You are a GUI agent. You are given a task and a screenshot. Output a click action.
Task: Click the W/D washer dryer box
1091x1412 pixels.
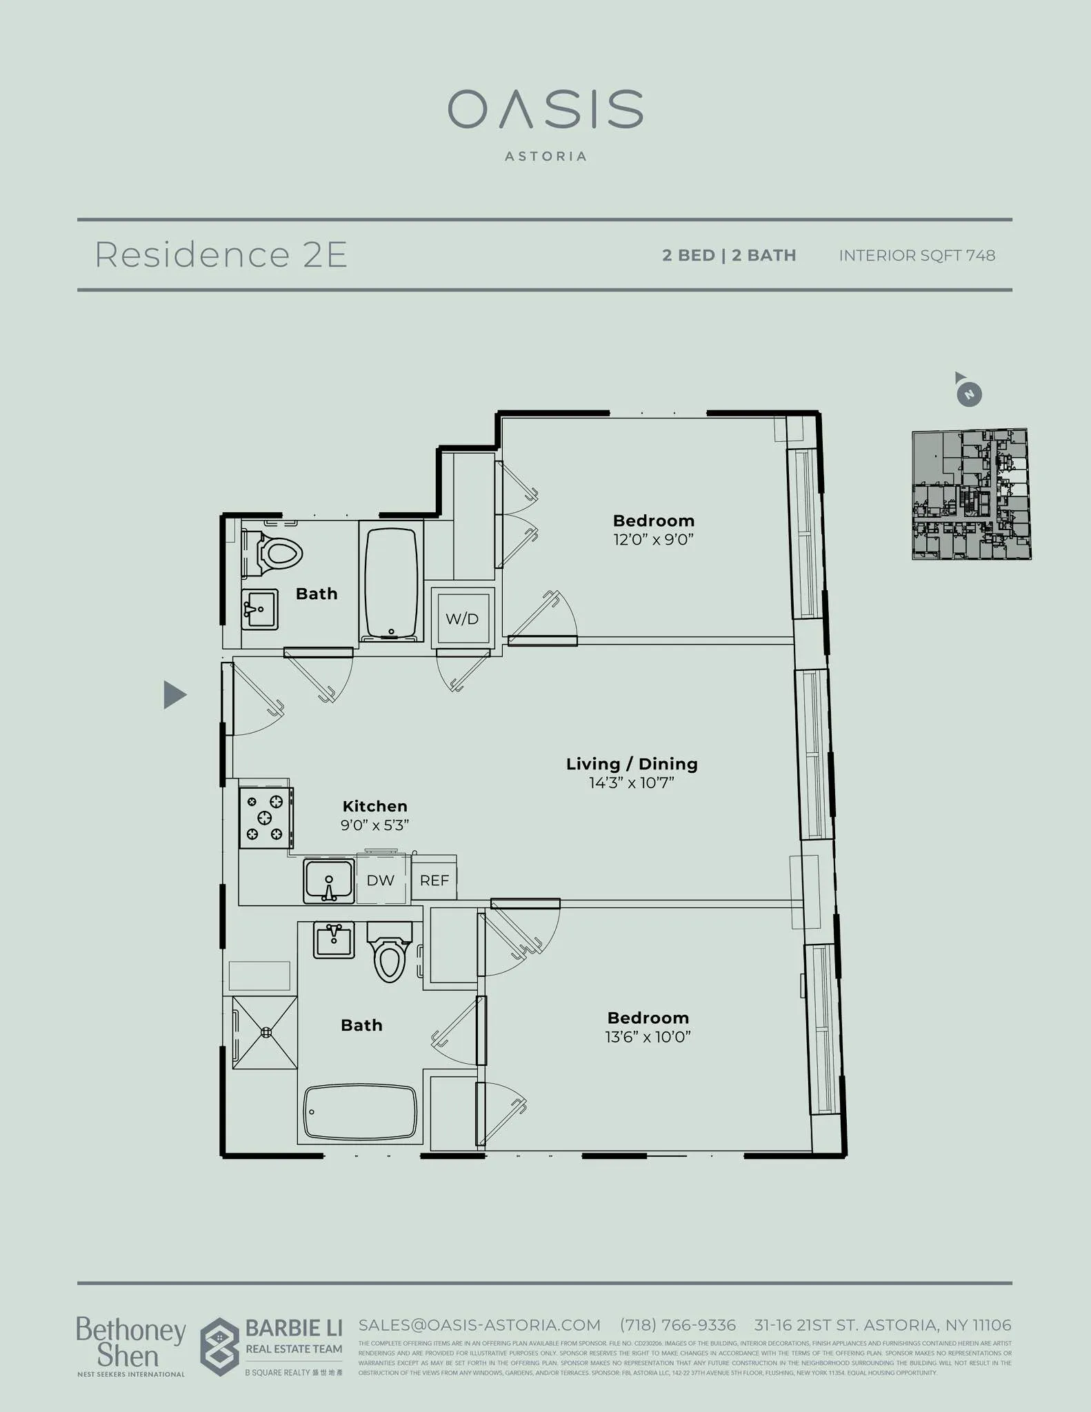[x=463, y=618]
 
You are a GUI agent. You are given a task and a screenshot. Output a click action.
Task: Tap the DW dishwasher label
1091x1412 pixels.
[x=380, y=880]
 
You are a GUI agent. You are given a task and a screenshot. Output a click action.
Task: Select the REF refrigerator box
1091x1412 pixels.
[x=434, y=880]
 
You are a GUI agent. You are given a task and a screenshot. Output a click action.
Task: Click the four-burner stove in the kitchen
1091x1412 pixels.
[x=266, y=818]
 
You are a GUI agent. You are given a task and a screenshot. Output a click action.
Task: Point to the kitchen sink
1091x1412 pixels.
[x=329, y=880]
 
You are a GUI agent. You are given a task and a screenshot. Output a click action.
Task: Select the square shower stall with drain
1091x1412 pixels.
[x=265, y=1032]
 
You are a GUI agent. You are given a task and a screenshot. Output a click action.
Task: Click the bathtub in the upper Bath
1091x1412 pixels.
[x=391, y=583]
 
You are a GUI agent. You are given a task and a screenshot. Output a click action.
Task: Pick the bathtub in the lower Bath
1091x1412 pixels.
[x=360, y=1111]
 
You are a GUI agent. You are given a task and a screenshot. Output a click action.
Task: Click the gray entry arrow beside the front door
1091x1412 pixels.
[x=174, y=694]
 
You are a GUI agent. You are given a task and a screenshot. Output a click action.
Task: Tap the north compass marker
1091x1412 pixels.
[x=969, y=394]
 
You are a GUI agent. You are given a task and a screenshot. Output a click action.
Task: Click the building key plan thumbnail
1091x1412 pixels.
[x=971, y=494]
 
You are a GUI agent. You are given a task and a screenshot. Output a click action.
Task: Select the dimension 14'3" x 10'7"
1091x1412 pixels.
[x=631, y=783]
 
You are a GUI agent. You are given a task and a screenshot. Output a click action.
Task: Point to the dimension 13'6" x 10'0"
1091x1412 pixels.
[x=648, y=1037]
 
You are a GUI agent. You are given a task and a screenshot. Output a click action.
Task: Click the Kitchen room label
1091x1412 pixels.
[x=374, y=806]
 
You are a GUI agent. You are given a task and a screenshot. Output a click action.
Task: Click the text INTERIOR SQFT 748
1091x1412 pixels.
[x=917, y=256]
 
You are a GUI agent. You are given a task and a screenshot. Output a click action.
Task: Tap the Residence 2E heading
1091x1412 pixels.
[x=221, y=254]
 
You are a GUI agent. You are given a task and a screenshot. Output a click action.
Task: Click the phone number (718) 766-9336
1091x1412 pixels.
[x=677, y=1325]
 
